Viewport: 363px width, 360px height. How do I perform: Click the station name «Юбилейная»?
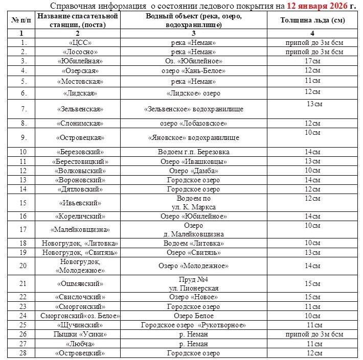pos(79,61)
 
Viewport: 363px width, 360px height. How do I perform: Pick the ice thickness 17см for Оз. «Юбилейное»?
pos(312,61)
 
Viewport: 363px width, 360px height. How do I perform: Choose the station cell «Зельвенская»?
pos(79,109)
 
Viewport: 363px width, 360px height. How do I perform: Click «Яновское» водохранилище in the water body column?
pos(193,138)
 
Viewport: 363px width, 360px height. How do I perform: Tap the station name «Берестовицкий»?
pos(79,161)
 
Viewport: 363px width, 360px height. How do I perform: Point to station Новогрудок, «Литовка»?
pos(79,244)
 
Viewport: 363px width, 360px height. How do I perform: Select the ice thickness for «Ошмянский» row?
pos(312,283)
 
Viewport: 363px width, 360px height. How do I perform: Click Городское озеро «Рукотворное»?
pos(193,325)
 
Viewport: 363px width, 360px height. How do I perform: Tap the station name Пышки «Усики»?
pos(79,334)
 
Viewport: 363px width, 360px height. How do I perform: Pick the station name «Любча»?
pos(79,344)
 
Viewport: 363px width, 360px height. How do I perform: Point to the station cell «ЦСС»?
pos(79,42)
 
